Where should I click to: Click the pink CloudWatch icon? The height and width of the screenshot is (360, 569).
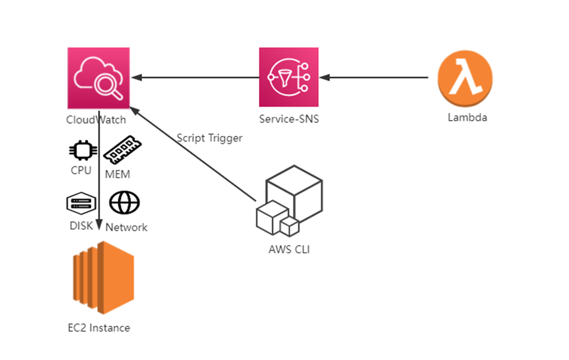point(98,78)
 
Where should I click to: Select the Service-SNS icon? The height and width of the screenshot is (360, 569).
point(290,77)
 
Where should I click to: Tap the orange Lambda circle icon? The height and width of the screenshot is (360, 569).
point(465,80)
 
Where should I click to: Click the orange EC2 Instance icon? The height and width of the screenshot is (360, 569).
point(103,278)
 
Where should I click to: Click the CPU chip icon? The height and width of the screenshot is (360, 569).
point(82,151)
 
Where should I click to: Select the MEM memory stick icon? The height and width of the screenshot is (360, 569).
point(122,150)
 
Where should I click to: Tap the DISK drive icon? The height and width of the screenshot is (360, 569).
point(81,203)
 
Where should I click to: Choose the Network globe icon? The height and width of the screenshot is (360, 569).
point(124,203)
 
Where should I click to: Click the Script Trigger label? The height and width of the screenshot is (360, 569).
point(209,138)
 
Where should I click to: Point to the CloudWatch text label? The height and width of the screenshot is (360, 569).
point(96,119)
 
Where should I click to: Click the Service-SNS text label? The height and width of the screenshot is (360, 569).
point(289,119)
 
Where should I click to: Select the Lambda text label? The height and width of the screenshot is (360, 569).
point(467,118)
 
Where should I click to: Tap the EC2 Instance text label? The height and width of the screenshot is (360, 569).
point(99,328)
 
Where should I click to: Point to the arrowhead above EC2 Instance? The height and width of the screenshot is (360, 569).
point(99,225)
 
